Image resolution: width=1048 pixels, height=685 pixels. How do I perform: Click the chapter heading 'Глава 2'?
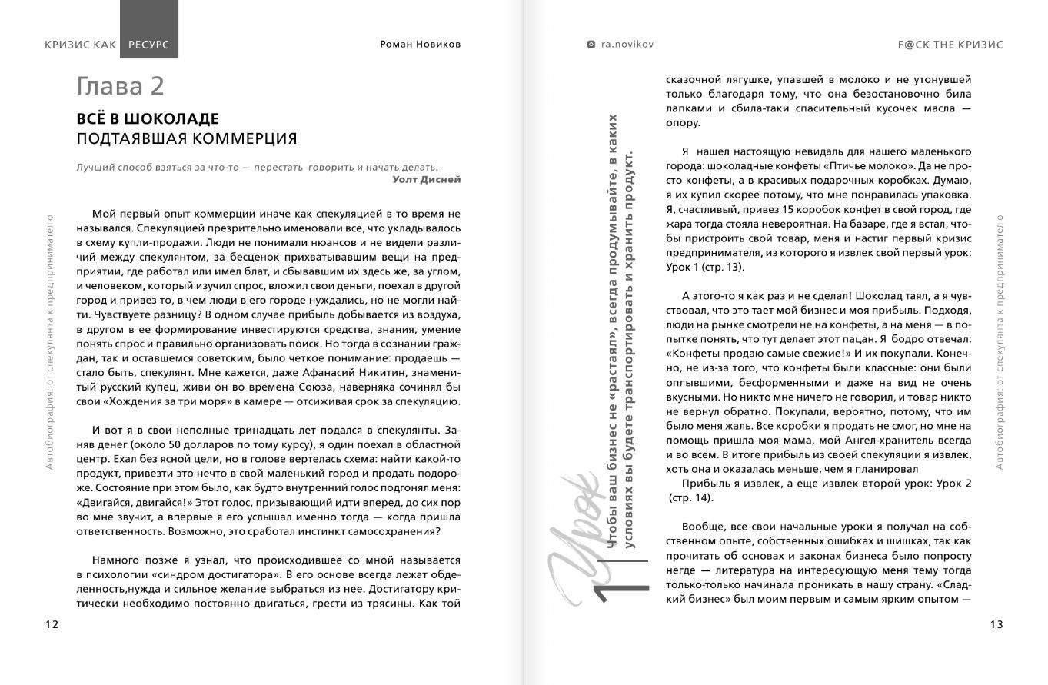coord(120,86)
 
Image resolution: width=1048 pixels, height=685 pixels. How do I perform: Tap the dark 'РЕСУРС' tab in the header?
coord(149,45)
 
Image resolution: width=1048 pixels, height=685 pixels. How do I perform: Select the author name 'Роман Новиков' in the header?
coord(420,45)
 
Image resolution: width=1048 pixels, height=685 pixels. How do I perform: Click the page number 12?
coord(52,624)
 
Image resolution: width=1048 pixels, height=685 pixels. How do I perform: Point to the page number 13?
coord(996,624)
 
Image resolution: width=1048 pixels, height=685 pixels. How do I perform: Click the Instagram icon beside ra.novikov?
coord(591,45)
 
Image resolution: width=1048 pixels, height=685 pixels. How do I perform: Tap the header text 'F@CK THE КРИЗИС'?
coord(950,45)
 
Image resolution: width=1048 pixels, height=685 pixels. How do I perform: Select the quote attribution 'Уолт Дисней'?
coord(426,179)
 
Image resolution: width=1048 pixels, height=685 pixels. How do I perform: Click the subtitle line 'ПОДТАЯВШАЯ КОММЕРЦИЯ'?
coord(186,138)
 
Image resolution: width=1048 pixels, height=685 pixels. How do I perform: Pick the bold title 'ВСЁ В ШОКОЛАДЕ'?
coord(148,119)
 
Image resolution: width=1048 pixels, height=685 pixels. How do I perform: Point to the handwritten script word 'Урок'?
coord(575,538)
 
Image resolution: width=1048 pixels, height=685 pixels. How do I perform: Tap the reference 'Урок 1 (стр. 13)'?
coord(704,267)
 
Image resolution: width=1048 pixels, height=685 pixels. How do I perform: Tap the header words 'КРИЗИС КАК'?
coord(81,45)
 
